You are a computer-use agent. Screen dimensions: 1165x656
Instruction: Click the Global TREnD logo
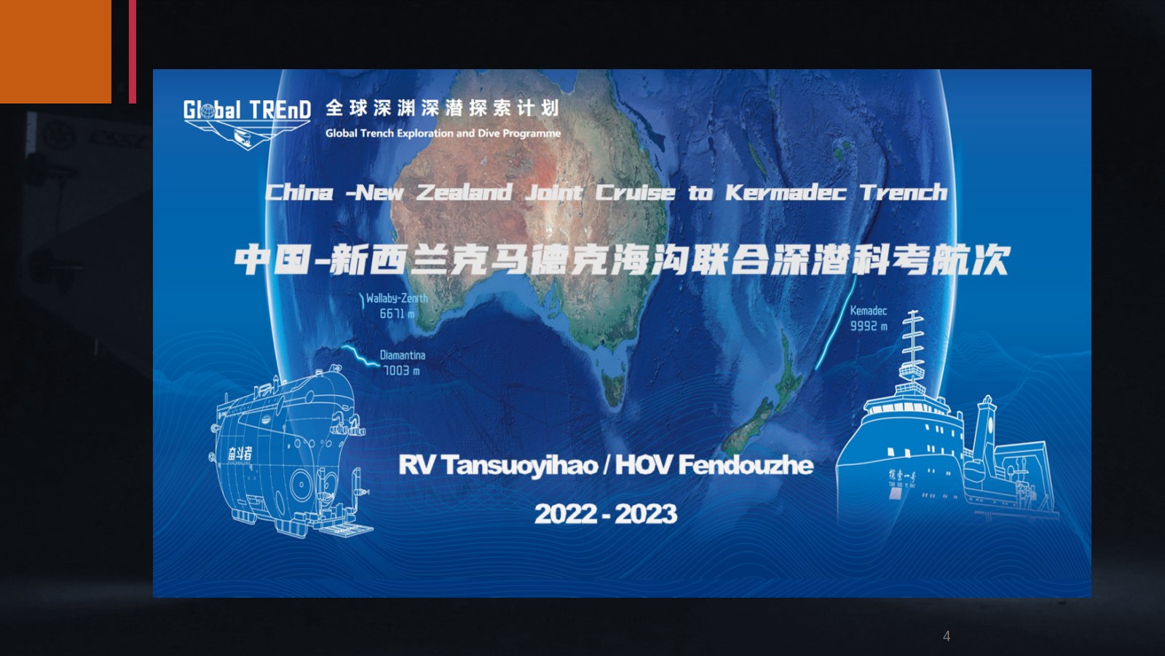coord(247,123)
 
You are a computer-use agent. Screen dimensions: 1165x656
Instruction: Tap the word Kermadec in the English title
coord(786,192)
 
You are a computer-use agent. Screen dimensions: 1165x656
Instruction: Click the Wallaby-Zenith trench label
coord(397,298)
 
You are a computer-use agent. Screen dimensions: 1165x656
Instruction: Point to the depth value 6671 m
coord(398,313)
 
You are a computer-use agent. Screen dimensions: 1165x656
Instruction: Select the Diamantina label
coord(403,355)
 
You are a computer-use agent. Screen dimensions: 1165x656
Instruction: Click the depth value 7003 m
coord(401,371)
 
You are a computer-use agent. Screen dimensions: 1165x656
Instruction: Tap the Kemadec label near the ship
coord(869,311)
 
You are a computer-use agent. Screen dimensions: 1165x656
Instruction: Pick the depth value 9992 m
coord(869,326)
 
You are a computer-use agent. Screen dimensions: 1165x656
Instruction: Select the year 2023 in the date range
coord(646,515)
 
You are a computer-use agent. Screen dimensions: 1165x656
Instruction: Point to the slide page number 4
coord(947,636)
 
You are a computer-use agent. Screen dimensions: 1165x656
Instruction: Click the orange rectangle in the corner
coord(55,52)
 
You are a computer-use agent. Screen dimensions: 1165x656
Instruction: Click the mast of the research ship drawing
coord(913,346)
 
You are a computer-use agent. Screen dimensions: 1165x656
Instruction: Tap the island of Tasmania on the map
coord(614,386)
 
